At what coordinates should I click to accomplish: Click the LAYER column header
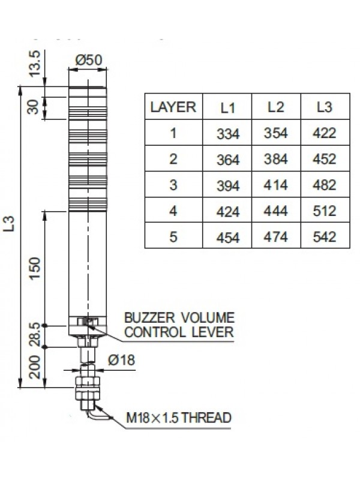pyautogui.click(x=173, y=107)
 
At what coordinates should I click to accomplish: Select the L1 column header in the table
pyautogui.click(x=227, y=108)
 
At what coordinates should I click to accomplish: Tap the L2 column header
pyautogui.click(x=275, y=107)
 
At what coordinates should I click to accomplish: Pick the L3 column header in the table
pyautogui.click(x=324, y=107)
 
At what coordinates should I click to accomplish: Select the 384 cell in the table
pyautogui.click(x=276, y=160)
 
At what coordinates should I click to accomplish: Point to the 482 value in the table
pyautogui.click(x=324, y=185)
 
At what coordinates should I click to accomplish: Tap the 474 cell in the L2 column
pyautogui.click(x=276, y=237)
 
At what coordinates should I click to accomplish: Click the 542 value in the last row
pyautogui.click(x=324, y=237)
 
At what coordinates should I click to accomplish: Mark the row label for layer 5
pyautogui.click(x=173, y=237)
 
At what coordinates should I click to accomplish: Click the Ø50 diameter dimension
pyautogui.click(x=89, y=60)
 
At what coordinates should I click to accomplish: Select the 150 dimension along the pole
pyautogui.click(x=35, y=269)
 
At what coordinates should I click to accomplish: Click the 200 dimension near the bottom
pyautogui.click(x=35, y=367)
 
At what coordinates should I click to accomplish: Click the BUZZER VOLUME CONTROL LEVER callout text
pyautogui.click(x=179, y=324)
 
